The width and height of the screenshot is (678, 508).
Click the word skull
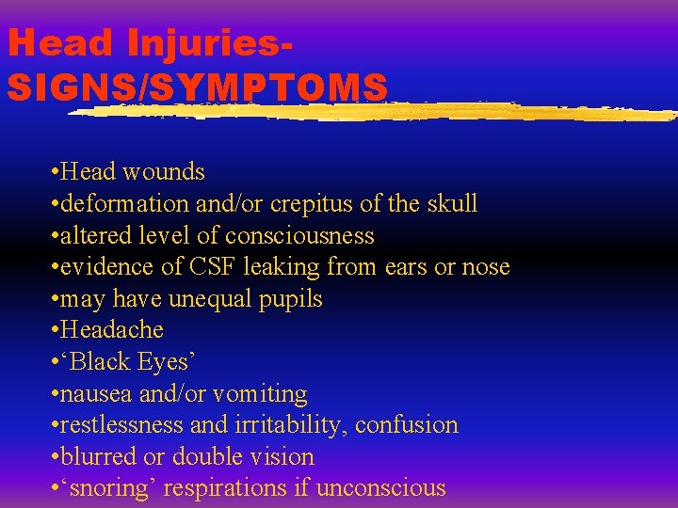[453, 204]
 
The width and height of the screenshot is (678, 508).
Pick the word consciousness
[307, 235]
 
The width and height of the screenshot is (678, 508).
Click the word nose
[486, 267]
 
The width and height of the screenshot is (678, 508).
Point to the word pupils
[292, 299]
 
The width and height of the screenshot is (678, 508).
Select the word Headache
[111, 330]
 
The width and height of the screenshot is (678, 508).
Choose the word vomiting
[260, 394]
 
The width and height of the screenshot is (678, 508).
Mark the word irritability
[289, 425]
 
